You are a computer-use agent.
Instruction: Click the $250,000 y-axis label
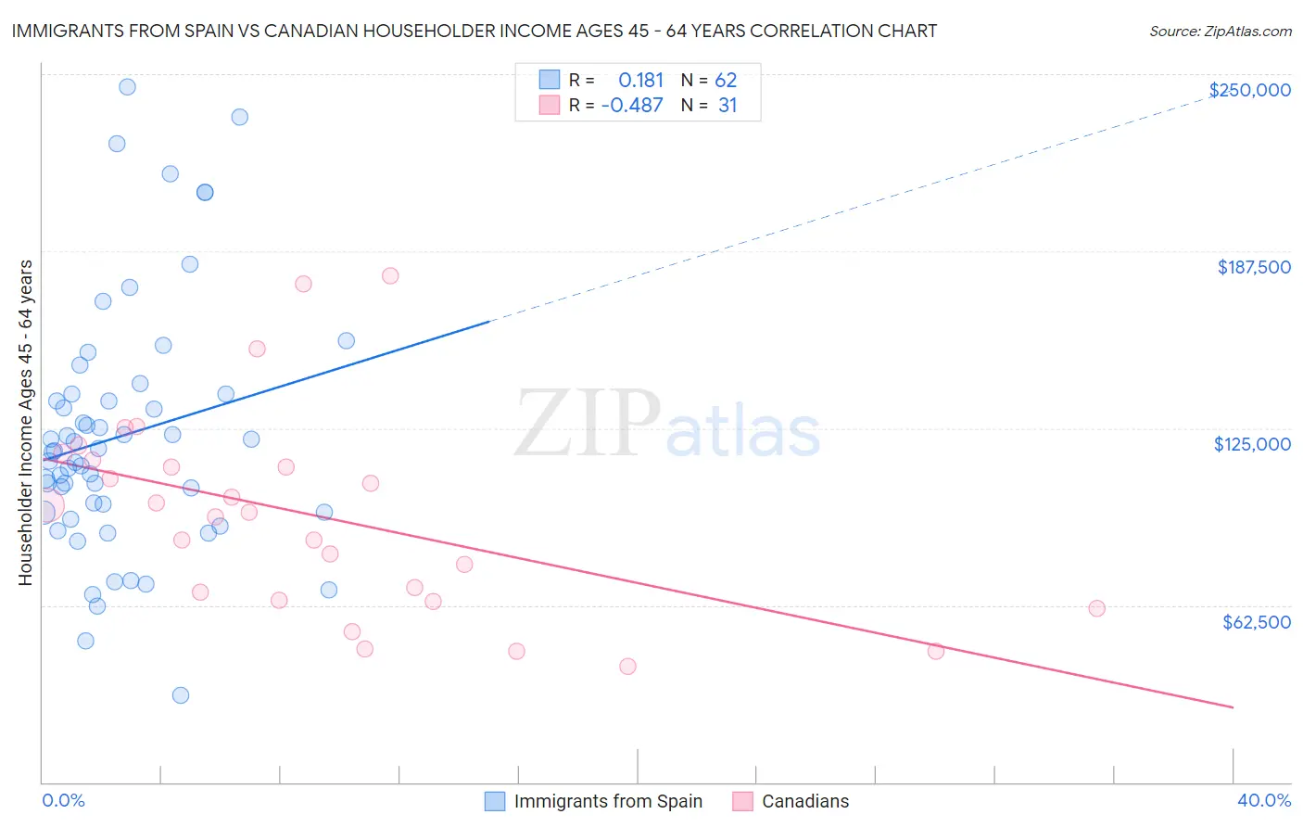[x=1249, y=90]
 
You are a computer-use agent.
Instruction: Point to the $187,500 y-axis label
[x=1253, y=267]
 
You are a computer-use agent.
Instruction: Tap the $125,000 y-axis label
[x=1252, y=444]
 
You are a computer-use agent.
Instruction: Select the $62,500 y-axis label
[x=1256, y=622]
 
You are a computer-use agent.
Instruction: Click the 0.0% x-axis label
[x=63, y=800]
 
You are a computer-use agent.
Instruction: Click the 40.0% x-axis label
[x=1263, y=800]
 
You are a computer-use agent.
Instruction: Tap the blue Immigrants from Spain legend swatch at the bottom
[x=495, y=801]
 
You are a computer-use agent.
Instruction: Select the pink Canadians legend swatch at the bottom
[x=742, y=801]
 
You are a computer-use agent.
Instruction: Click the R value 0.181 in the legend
[x=640, y=81]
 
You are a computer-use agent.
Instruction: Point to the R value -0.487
[x=632, y=106]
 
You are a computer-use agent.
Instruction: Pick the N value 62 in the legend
[x=726, y=81]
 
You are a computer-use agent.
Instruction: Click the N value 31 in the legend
[x=727, y=106]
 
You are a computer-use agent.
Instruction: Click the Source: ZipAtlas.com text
[x=1220, y=32]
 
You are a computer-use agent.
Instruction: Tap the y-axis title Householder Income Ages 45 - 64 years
[x=26, y=423]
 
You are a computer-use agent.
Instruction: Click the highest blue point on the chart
[x=127, y=87]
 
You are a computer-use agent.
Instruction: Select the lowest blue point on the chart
[x=181, y=695]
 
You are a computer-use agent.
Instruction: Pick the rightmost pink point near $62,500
[x=1096, y=608]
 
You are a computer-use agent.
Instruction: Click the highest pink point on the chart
[x=390, y=276]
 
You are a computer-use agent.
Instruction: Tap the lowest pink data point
[x=627, y=667]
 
